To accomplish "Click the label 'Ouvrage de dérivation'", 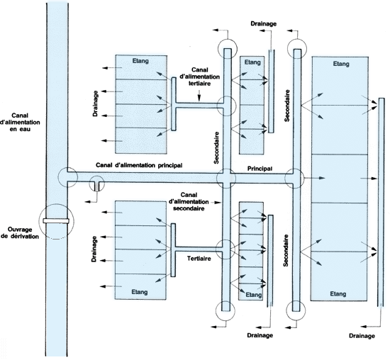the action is coord(20,232).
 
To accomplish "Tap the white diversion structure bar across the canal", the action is coord(56,221).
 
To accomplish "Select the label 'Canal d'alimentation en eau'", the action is coord(20,122).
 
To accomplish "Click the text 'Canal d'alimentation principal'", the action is coord(139,165).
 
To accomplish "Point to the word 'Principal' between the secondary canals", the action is coord(260,169).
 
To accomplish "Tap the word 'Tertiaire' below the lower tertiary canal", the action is coord(199,259).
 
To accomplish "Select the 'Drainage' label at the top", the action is coord(263,23).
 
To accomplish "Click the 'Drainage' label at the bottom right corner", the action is coord(362,336).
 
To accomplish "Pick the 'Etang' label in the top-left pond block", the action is coord(140,61).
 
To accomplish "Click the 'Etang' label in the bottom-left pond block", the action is coord(140,292).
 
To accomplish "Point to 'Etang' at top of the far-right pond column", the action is coord(341,64).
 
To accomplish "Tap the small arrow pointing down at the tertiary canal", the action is coord(199,96).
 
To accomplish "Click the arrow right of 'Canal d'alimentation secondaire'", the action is coord(216,203).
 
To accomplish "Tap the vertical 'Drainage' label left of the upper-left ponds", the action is coord(95,103).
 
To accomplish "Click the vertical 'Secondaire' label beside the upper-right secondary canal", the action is coord(287,106).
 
